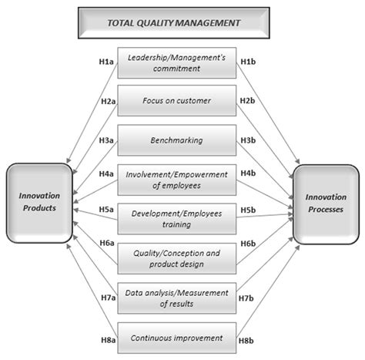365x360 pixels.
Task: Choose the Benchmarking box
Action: (177, 140)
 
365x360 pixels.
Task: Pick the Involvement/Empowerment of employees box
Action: (177, 179)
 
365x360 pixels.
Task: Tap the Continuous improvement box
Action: (177, 337)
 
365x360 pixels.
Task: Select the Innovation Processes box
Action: (323, 203)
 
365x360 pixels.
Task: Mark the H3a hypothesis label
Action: (107, 141)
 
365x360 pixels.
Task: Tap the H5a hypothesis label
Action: (107, 209)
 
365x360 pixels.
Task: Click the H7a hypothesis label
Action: (107, 297)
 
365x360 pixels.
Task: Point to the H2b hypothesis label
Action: (248, 100)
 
